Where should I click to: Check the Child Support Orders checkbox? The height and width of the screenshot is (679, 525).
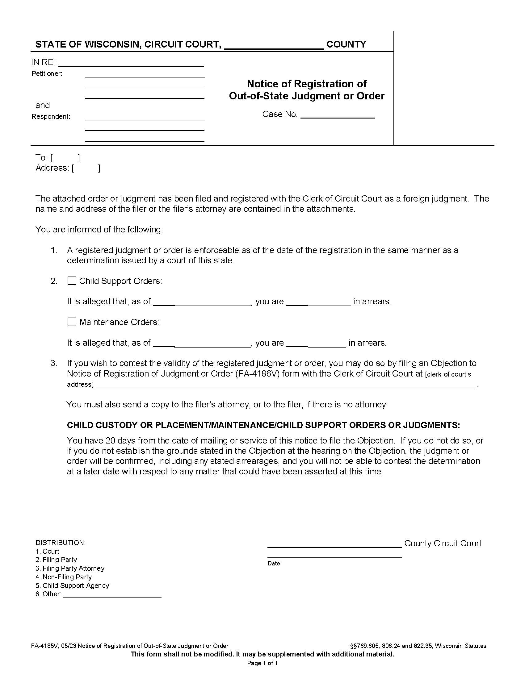[x=72, y=281]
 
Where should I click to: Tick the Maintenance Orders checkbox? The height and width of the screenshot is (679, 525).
[x=72, y=322]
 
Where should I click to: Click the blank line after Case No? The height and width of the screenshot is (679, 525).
[x=338, y=115]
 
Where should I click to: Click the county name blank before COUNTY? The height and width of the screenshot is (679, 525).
[x=274, y=45]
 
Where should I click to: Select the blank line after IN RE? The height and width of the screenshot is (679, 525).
[x=131, y=63]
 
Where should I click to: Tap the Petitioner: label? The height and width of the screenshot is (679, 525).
[x=47, y=74]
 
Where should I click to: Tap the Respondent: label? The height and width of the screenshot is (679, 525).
[x=51, y=117]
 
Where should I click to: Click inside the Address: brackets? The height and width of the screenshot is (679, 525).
[x=86, y=168]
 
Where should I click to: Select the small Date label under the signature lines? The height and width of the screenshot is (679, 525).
[x=274, y=563]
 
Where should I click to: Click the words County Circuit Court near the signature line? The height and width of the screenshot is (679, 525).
[x=443, y=544]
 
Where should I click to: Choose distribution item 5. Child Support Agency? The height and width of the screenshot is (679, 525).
[x=72, y=586]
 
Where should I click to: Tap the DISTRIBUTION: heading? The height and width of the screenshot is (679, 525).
[x=60, y=543]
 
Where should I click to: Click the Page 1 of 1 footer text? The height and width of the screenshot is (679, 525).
[x=262, y=663]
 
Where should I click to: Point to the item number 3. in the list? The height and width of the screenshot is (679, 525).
[x=54, y=363]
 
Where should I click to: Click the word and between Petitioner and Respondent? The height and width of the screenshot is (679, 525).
[x=43, y=105]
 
